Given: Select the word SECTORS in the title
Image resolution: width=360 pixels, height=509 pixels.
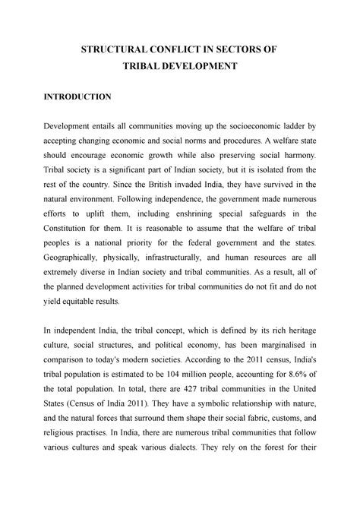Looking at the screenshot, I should pos(254,49).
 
